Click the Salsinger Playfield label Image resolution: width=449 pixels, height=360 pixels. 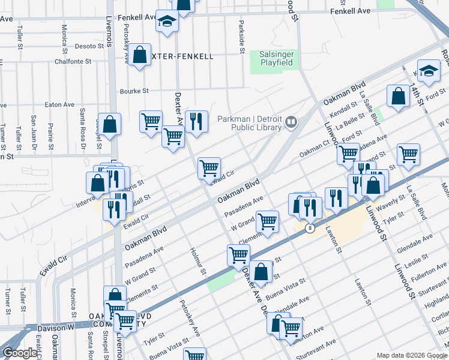coord(276,58)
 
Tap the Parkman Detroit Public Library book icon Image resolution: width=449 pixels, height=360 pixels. coord(292,122)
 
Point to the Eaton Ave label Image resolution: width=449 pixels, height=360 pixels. coord(59,104)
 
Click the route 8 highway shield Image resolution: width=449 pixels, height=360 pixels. coord(310,228)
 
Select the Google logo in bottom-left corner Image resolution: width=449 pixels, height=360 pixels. coord(20,353)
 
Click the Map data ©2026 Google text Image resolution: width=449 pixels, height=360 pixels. coord(412,355)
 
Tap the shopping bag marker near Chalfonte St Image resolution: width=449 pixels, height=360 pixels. coord(140,56)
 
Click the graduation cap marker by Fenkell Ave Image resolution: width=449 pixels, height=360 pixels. coord(167,22)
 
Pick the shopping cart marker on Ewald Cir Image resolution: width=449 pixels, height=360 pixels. coord(209,169)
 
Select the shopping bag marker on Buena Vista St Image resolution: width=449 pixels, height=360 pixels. coord(262,272)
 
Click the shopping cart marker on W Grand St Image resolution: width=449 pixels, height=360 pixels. coord(267,221)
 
